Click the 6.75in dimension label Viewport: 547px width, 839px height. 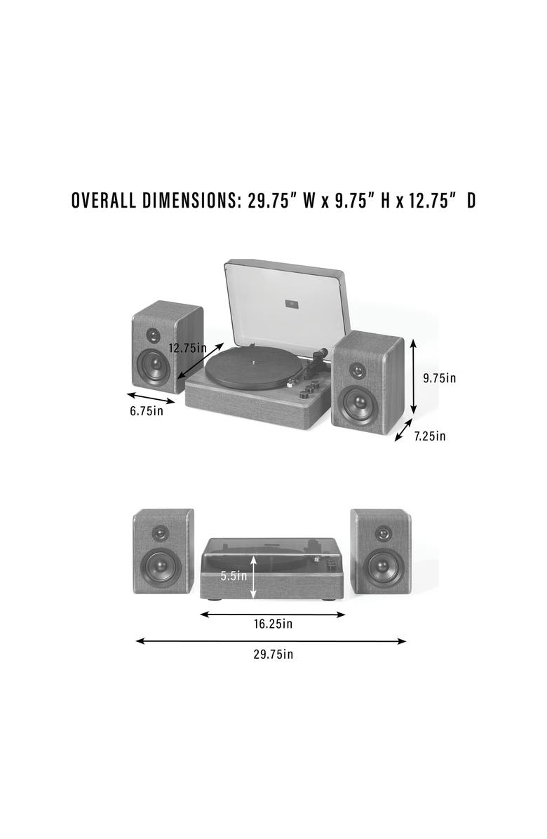[x=147, y=411]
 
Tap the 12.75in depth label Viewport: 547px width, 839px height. [x=188, y=347]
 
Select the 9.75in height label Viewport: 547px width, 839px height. [x=440, y=378]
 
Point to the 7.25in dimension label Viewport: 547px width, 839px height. [x=430, y=436]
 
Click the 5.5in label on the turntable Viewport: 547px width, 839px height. [x=234, y=576]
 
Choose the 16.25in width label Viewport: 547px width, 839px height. [x=273, y=624]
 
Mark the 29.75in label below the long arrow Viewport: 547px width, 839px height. [x=273, y=655]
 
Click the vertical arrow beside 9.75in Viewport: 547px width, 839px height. [x=414, y=377]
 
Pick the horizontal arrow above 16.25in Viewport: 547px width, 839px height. [x=273, y=615]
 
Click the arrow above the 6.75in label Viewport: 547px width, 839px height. [x=151, y=398]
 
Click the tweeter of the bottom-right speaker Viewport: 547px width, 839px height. [x=382, y=533]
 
